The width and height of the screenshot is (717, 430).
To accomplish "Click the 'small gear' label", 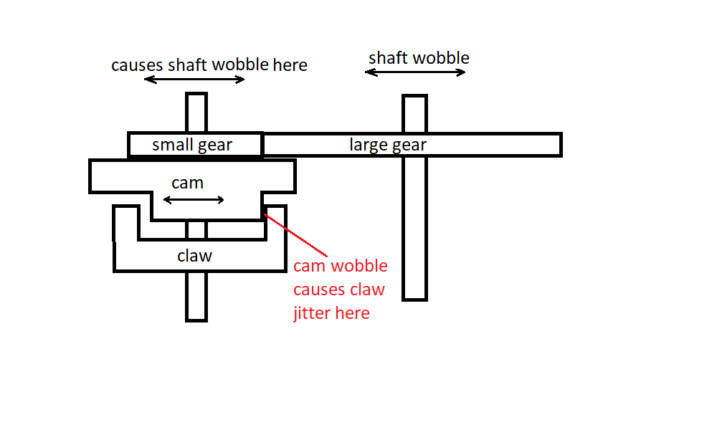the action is tap(192, 145).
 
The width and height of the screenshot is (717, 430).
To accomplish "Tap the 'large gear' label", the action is tap(388, 145).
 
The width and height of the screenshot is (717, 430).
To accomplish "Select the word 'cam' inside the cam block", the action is tap(187, 183).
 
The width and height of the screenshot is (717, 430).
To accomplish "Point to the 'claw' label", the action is tap(195, 255).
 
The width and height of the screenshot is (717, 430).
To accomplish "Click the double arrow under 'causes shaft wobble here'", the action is tap(194, 80).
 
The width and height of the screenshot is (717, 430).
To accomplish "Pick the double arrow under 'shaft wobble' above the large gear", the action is tap(415, 72).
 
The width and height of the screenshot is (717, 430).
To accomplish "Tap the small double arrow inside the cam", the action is tap(194, 200).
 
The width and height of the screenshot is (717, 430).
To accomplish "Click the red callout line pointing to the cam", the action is tap(296, 235).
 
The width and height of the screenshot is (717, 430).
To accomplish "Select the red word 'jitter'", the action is tap(313, 313).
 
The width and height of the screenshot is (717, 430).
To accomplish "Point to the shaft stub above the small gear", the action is tap(196, 113).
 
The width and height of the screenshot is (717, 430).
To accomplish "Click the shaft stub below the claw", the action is tap(196, 297).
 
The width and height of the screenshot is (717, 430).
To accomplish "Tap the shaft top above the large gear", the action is tap(414, 114).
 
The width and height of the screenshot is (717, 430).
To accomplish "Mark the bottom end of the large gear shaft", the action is tap(414, 300).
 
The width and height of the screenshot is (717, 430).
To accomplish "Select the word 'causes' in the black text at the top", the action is tap(138, 65).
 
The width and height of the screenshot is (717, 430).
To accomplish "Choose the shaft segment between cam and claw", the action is tap(196, 229).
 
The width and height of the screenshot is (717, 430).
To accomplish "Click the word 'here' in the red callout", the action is tap(353, 313).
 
